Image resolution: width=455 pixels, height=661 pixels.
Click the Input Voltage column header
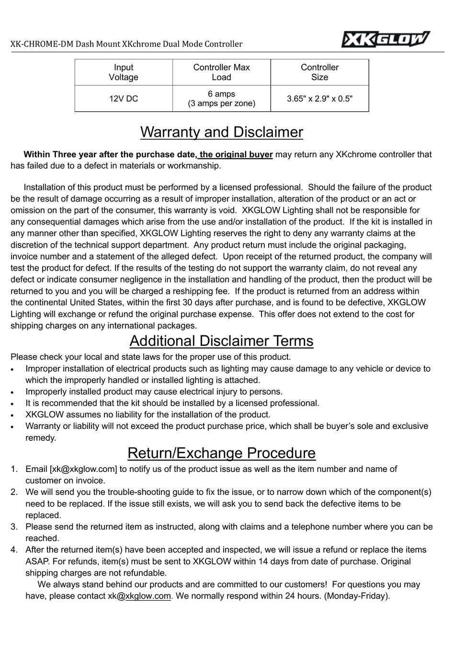tap(124, 72)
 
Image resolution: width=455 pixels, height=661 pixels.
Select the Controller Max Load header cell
tap(221, 72)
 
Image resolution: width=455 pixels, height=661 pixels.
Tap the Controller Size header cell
tap(319, 72)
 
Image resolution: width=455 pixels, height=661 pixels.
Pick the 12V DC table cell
tap(124, 99)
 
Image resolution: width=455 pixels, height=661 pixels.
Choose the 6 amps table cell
tap(221, 99)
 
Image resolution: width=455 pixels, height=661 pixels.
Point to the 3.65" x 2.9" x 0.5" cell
tap(319, 99)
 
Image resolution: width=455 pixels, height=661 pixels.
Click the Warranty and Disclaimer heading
tap(221, 132)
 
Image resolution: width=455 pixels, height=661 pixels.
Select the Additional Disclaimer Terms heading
tap(221, 341)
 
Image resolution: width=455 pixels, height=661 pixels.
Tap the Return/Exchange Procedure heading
tap(221, 453)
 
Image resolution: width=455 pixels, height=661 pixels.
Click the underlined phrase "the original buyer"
tap(236, 154)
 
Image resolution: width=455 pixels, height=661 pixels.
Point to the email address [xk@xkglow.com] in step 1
tap(83, 469)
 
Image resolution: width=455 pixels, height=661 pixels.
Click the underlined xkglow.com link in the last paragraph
tap(148, 596)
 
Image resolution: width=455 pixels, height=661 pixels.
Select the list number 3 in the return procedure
tap(14, 527)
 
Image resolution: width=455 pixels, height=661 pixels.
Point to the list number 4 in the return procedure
tap(14, 550)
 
